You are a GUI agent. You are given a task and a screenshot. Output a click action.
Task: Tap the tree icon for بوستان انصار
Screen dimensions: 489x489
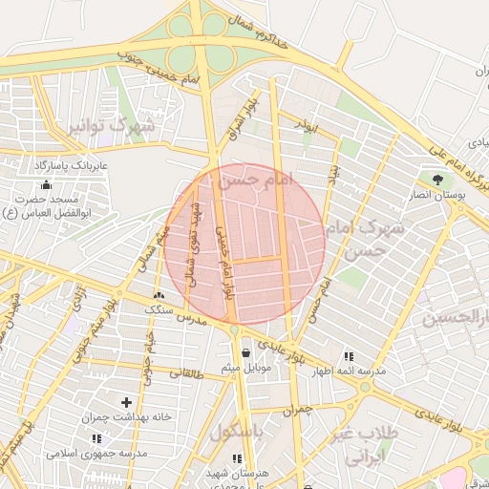pos(438,179)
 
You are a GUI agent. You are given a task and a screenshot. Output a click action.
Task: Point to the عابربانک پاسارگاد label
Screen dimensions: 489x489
pos(73,165)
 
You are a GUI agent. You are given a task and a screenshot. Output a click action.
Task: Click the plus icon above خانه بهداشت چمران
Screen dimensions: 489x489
pos(126,402)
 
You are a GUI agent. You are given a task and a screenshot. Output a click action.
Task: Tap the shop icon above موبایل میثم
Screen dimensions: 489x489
pos(246,352)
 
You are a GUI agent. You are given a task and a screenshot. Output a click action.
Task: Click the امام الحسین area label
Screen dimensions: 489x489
pos(457,316)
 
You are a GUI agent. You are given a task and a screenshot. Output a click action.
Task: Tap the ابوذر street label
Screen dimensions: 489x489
pos(305,126)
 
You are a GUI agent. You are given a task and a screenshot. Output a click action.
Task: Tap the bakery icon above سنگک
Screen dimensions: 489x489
pos(158,296)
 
